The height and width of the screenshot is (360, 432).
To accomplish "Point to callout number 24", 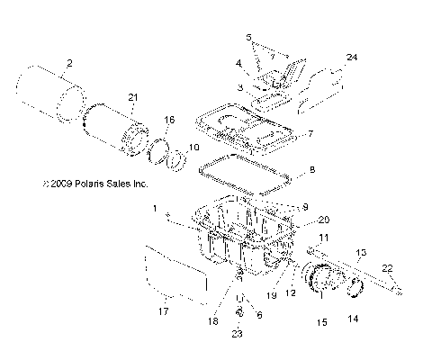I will coord(352,57).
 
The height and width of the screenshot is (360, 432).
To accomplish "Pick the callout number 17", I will coord(162,313).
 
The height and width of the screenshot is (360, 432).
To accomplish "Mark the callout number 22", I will coord(386,267).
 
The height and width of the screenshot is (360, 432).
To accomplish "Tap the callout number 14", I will coord(352,319).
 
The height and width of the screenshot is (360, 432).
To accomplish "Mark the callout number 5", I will coord(248,37).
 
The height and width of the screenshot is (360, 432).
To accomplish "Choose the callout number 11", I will coord(324,237).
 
